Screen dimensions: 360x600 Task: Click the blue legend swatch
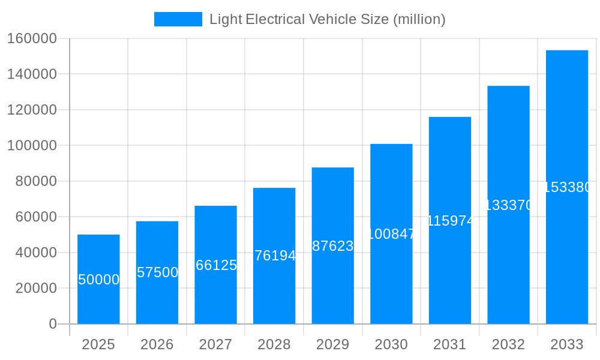178,19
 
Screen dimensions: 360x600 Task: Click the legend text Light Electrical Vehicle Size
327,19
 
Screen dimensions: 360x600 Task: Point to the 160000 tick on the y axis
32,38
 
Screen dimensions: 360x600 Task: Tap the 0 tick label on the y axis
53,324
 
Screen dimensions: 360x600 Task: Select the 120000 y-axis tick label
32,110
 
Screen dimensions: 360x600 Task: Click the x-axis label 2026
157,344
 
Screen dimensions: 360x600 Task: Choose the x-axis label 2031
450,344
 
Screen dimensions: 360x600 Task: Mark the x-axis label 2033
567,344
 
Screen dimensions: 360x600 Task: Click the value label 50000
98,280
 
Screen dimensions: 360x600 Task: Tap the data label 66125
216,265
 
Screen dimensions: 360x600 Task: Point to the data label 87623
333,246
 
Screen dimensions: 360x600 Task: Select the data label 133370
508,205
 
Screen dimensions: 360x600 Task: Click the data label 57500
157,272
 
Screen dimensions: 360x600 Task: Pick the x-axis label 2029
333,344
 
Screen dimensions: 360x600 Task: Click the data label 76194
274,256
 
